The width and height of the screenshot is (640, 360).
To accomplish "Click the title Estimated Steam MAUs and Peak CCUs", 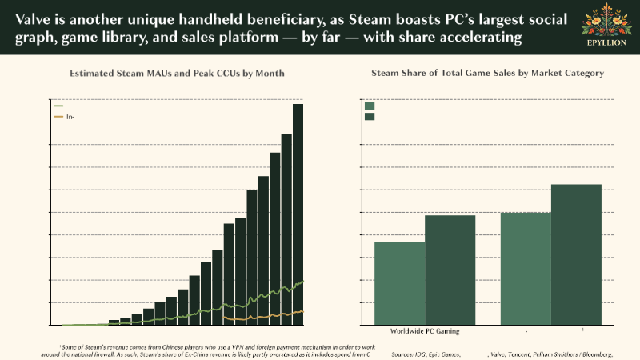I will click(x=176, y=73).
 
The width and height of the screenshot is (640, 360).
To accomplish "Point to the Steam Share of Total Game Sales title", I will click(x=487, y=73).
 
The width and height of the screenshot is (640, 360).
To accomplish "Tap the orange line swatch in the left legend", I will click(x=58, y=117).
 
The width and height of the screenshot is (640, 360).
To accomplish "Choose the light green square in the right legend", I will click(x=370, y=106).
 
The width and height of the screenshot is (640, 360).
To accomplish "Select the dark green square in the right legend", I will click(x=370, y=117).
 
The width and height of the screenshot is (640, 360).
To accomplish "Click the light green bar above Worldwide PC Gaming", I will click(x=399, y=283).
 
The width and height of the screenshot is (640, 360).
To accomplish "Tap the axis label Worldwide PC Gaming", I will click(x=425, y=331).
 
